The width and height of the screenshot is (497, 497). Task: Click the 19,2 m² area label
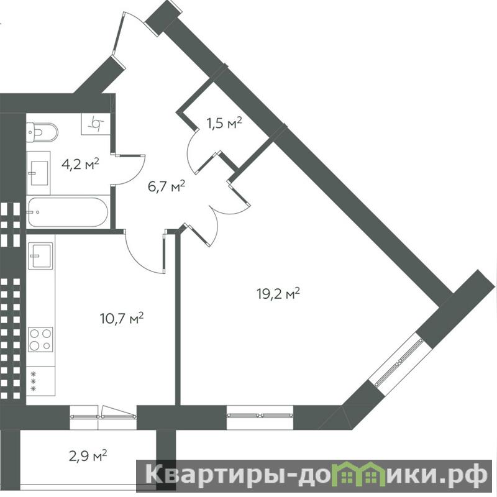point(278,293)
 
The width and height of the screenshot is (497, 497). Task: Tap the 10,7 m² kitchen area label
point(122,318)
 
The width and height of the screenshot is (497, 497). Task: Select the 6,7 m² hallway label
point(166,186)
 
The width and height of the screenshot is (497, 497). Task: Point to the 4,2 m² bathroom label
point(81,164)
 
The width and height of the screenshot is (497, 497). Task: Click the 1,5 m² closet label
point(224,123)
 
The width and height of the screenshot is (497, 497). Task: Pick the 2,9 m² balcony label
point(88,457)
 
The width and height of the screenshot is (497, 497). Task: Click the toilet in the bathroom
point(42,132)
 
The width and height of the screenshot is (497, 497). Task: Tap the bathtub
point(68,212)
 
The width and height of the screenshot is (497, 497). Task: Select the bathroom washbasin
point(39,173)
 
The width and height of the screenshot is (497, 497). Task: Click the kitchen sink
point(40,256)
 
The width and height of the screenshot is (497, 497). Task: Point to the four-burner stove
point(40,340)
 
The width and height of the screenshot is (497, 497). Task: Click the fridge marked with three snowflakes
point(40,381)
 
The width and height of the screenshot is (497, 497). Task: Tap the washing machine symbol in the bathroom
point(96,124)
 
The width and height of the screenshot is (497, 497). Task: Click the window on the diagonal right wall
point(399,363)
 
